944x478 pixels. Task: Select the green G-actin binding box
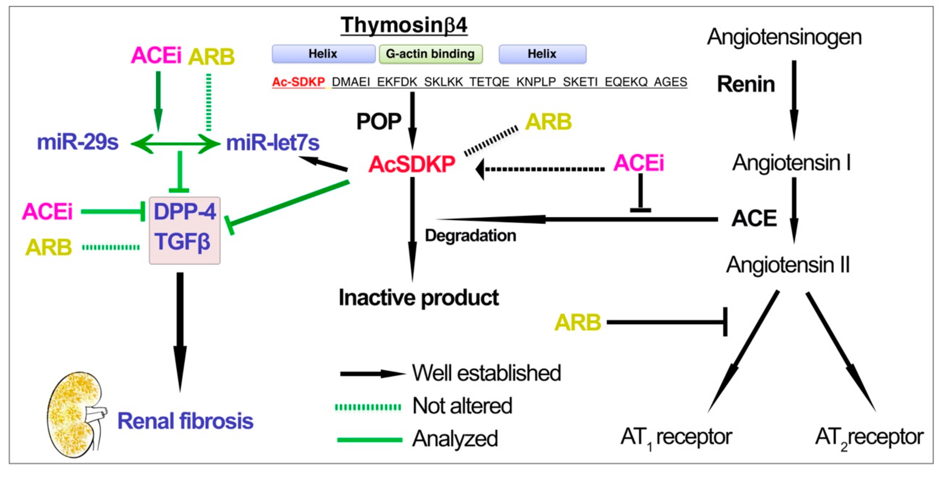[430, 54]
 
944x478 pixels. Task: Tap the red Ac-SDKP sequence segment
[298, 82]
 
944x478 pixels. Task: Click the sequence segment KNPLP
[536, 82]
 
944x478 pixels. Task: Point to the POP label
[378, 121]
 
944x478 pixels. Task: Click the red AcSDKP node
[412, 164]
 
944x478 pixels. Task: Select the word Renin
[746, 84]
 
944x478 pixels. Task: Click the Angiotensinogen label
[784, 37]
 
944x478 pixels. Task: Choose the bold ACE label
[754, 218]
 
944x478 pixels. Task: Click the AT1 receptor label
[676, 437]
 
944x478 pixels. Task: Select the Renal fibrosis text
[185, 421]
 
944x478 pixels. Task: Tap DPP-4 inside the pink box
[184, 212]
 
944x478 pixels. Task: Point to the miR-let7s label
[273, 143]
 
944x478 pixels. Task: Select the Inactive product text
[419, 297]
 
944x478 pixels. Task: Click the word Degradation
[470, 235]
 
